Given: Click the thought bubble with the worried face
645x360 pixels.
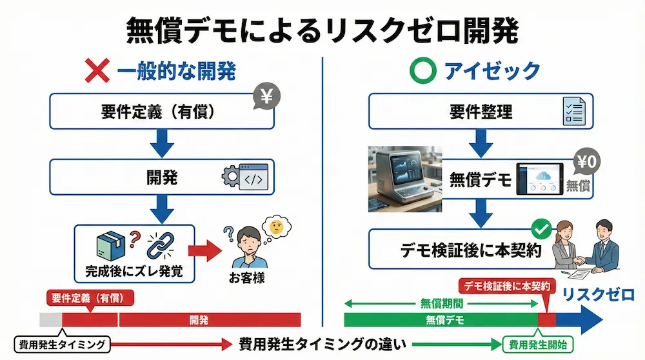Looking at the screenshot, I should coord(275,226).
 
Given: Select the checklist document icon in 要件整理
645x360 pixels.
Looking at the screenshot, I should coord(573,111).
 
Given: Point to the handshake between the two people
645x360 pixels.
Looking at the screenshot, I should coord(581,259).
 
